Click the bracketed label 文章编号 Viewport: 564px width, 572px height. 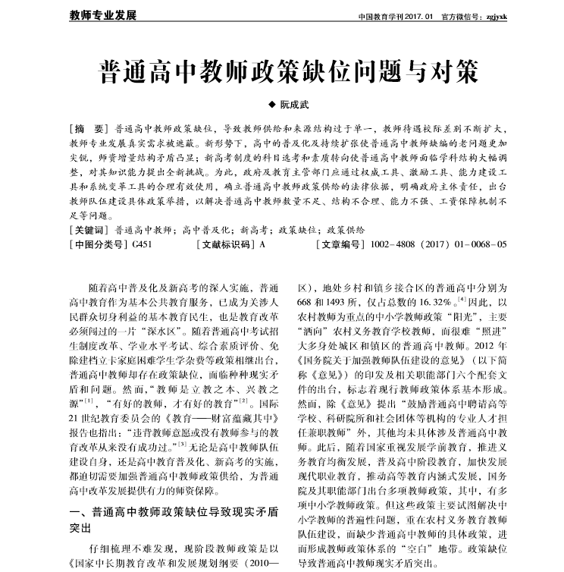pyautogui.click(x=338, y=244)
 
